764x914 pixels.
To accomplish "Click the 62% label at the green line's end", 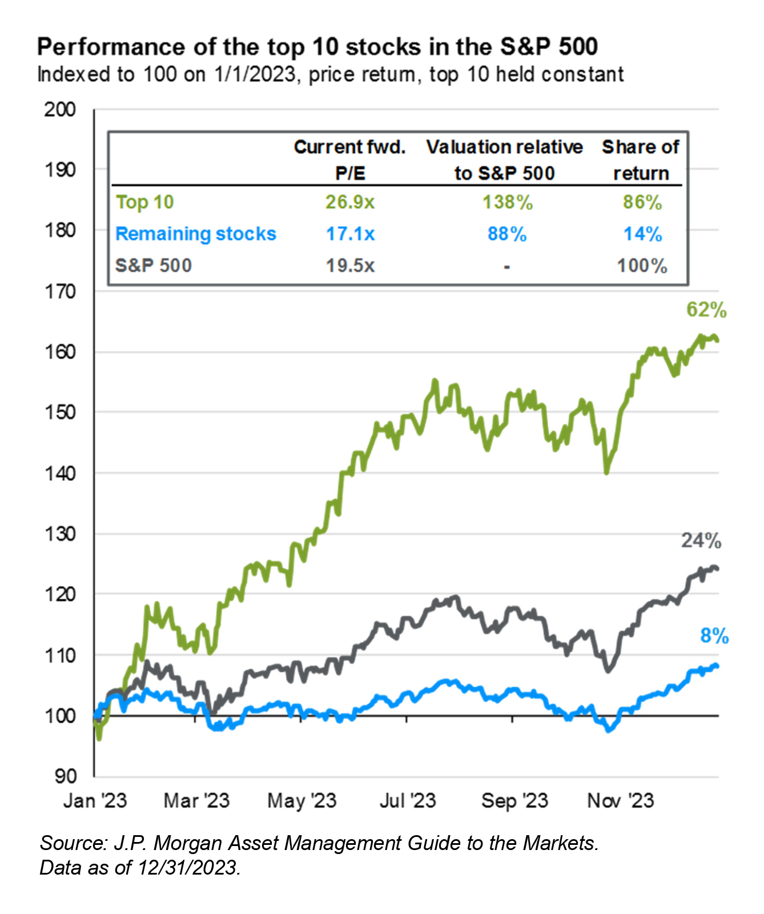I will click(x=706, y=310).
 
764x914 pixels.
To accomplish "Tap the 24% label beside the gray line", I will click(x=701, y=540).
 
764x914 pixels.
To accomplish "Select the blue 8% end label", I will click(x=714, y=636).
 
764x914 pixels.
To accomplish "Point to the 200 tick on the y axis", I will click(x=59, y=109).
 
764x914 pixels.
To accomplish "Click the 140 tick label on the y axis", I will click(x=59, y=473).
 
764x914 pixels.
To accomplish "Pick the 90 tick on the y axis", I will click(x=65, y=776).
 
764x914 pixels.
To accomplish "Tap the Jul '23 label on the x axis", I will click(x=407, y=801).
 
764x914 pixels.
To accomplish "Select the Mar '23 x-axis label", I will click(x=196, y=801).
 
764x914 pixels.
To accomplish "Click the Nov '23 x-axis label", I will click(x=620, y=801).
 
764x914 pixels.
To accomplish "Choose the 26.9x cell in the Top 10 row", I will click(x=349, y=202).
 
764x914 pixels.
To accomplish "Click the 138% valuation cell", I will click(x=507, y=202).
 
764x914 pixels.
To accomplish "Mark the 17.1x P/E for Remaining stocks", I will click(x=349, y=234).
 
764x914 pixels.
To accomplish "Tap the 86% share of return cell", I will click(x=642, y=202).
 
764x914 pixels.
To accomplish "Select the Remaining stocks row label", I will click(x=195, y=234).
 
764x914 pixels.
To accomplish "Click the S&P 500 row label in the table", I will click(x=153, y=266).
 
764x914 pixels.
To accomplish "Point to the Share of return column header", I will click(x=641, y=160).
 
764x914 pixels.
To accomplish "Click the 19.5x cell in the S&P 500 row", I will click(x=349, y=266).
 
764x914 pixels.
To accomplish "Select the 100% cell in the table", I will click(x=642, y=266).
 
